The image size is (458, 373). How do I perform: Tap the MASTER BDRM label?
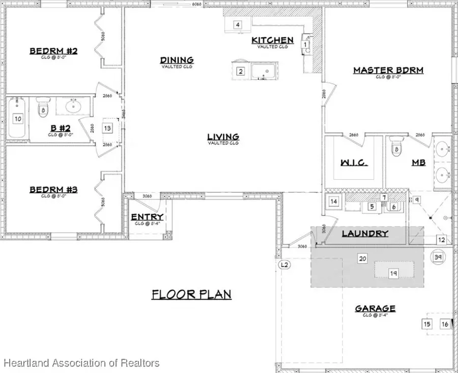[x=388, y=70]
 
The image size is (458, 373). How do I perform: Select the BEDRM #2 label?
[x=53, y=51]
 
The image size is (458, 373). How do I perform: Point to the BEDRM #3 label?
[x=53, y=190]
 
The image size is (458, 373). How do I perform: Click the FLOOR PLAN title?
[x=191, y=294]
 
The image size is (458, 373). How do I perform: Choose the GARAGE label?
[x=375, y=308]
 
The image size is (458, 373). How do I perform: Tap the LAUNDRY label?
[x=365, y=234]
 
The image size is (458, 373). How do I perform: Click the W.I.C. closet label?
[x=354, y=163]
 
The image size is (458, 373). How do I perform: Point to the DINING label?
[x=177, y=61]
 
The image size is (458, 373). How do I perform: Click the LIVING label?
[x=223, y=137]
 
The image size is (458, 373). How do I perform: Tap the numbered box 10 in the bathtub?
[x=18, y=119]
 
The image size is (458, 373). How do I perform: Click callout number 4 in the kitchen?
[x=237, y=24]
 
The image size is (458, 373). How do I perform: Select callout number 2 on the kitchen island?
[x=241, y=71]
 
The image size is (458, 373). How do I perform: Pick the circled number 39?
[x=438, y=257]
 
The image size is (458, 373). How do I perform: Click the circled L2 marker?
[x=284, y=265]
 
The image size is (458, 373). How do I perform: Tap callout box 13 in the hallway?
[x=107, y=128]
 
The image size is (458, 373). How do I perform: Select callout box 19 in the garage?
[x=393, y=273]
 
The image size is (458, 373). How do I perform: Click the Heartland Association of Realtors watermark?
[x=82, y=363]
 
